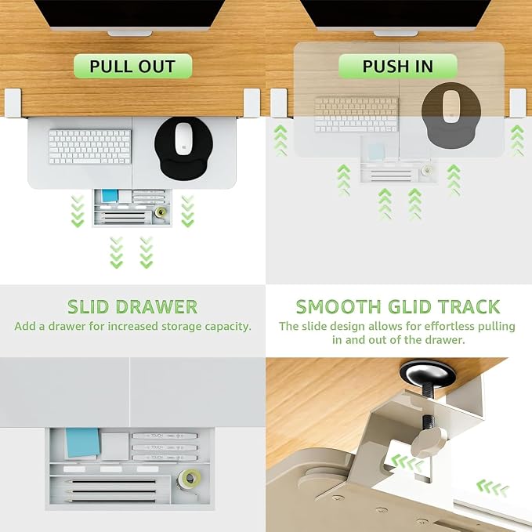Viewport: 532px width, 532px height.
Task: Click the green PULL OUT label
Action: tap(132, 66)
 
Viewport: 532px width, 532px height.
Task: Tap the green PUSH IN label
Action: tap(398, 66)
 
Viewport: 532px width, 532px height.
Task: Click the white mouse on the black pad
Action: tap(183, 139)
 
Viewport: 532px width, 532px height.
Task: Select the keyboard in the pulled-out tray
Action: tap(90, 147)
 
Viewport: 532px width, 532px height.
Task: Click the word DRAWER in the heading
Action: tap(157, 307)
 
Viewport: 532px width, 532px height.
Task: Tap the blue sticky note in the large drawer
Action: tap(83, 443)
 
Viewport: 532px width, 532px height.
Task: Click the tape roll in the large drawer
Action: tap(190, 479)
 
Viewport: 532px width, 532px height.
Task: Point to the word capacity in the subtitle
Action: tap(228, 327)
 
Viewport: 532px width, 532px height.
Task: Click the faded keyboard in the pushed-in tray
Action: tap(356, 114)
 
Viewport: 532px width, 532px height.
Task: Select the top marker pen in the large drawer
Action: tap(165, 436)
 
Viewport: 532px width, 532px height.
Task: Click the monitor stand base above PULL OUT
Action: tap(130, 34)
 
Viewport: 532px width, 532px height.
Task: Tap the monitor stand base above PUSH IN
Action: tap(396, 34)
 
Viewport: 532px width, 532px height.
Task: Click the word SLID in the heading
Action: tap(89, 307)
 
